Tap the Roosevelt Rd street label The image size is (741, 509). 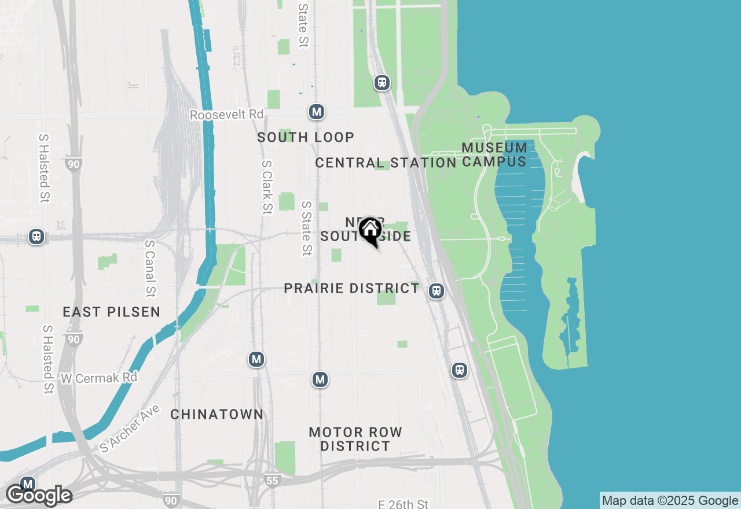point(226,115)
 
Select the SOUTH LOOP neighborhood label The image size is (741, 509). point(306,137)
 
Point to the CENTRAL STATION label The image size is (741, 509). point(386,163)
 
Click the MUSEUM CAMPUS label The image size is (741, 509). point(494,154)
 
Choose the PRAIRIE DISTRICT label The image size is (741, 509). point(351,288)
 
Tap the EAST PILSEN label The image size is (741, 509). point(112,312)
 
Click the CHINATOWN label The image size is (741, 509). point(217,414)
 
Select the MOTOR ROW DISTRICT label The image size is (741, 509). point(355,439)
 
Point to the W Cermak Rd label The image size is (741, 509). point(99,378)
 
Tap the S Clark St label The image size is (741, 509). point(266,187)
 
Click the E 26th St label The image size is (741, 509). point(403,504)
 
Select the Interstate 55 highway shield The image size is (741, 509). point(273,480)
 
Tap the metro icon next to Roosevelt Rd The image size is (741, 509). point(316,112)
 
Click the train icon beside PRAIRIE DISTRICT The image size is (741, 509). point(436,291)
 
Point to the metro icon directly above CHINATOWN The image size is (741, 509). point(256,359)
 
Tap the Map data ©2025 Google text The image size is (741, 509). point(670,501)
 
